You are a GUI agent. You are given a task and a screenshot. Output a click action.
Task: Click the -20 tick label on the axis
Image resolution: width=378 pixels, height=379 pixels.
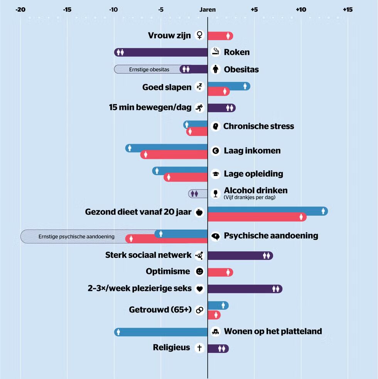click(x=20, y=9)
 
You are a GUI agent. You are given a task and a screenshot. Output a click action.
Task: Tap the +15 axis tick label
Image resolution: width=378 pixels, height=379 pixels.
click(x=347, y=9)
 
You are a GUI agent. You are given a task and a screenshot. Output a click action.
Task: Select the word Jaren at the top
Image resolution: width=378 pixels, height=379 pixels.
click(x=208, y=9)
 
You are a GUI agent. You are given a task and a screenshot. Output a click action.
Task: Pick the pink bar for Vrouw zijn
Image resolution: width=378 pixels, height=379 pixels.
click(x=220, y=36)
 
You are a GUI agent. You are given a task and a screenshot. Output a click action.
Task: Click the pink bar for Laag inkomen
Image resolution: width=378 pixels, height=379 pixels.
click(x=174, y=155)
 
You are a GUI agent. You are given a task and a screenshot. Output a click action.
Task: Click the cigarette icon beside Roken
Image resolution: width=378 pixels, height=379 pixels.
click(x=216, y=52)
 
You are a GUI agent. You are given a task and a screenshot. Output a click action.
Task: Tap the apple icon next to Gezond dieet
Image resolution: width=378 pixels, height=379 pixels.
click(x=199, y=212)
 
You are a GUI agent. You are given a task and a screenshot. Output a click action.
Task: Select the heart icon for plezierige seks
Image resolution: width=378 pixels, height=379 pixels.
click(x=199, y=289)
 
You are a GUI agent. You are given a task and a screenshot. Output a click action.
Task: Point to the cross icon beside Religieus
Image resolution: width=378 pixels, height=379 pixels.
click(x=199, y=348)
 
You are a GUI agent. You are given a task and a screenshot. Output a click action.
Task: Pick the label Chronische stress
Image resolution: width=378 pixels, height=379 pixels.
click(x=258, y=126)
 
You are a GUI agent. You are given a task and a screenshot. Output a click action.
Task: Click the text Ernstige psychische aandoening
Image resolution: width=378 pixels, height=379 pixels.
click(x=76, y=237)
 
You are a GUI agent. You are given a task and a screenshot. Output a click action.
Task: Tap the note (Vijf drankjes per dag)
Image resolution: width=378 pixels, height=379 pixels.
click(x=250, y=198)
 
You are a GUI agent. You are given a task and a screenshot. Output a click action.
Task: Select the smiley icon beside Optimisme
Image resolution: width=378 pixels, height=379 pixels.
click(x=199, y=272)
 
